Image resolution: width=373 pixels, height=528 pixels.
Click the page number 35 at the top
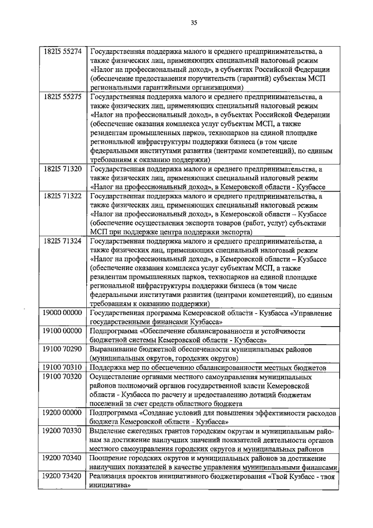coord(193,23)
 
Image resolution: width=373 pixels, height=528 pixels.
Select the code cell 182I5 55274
coord(62,51)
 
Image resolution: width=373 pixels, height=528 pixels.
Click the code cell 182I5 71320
coord(62,169)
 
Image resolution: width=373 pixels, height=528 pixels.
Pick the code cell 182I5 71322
coord(62,196)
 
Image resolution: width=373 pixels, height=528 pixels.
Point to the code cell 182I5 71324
coord(62,241)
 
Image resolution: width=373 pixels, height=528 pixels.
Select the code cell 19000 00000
coord(62,313)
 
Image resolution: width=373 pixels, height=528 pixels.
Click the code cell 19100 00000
coord(62,331)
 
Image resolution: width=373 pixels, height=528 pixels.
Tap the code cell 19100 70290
coord(62,348)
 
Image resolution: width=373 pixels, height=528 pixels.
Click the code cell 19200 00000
coord(62,412)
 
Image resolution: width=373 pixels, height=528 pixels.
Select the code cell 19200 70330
coord(62,430)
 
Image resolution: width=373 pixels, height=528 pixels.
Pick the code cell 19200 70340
coord(62,458)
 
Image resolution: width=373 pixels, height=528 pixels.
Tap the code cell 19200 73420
coord(62,476)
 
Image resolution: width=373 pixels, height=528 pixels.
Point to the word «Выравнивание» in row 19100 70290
coord(114,349)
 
